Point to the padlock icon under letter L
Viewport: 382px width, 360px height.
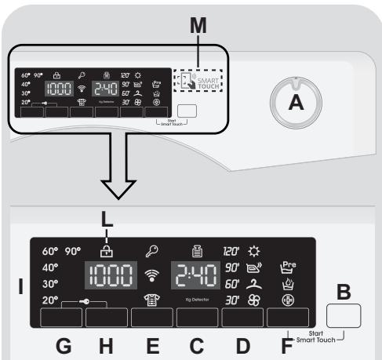point(106,251)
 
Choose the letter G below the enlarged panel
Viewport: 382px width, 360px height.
point(64,344)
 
